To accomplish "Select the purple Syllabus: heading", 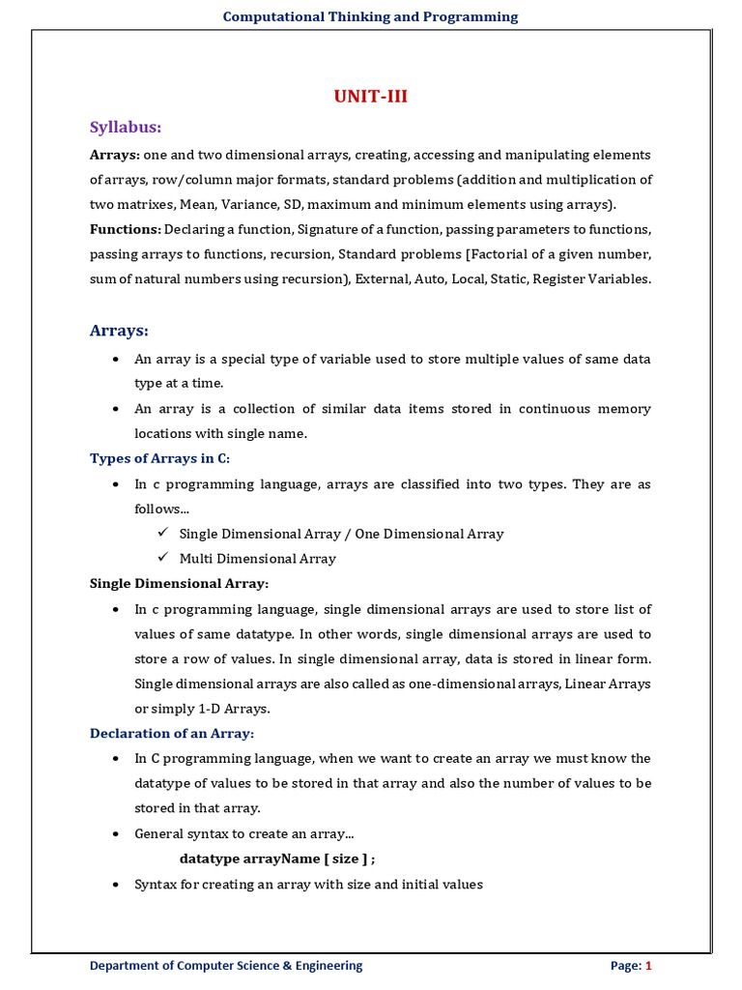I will [125, 128].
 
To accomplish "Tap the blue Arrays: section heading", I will [119, 331].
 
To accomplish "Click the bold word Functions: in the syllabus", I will [125, 229].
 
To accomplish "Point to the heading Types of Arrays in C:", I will [159, 458].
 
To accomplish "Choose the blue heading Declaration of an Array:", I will [171, 733].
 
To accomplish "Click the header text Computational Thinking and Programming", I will [370, 16].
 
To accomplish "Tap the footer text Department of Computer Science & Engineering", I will [226, 965].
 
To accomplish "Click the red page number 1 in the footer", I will [649, 965].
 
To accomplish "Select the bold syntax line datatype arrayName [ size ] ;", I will [277, 859].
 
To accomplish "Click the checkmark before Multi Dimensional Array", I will [162, 558].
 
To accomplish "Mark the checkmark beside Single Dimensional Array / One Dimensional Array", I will [162, 533].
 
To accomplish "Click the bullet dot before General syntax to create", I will [116, 833].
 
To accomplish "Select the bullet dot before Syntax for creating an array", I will [116, 884].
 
